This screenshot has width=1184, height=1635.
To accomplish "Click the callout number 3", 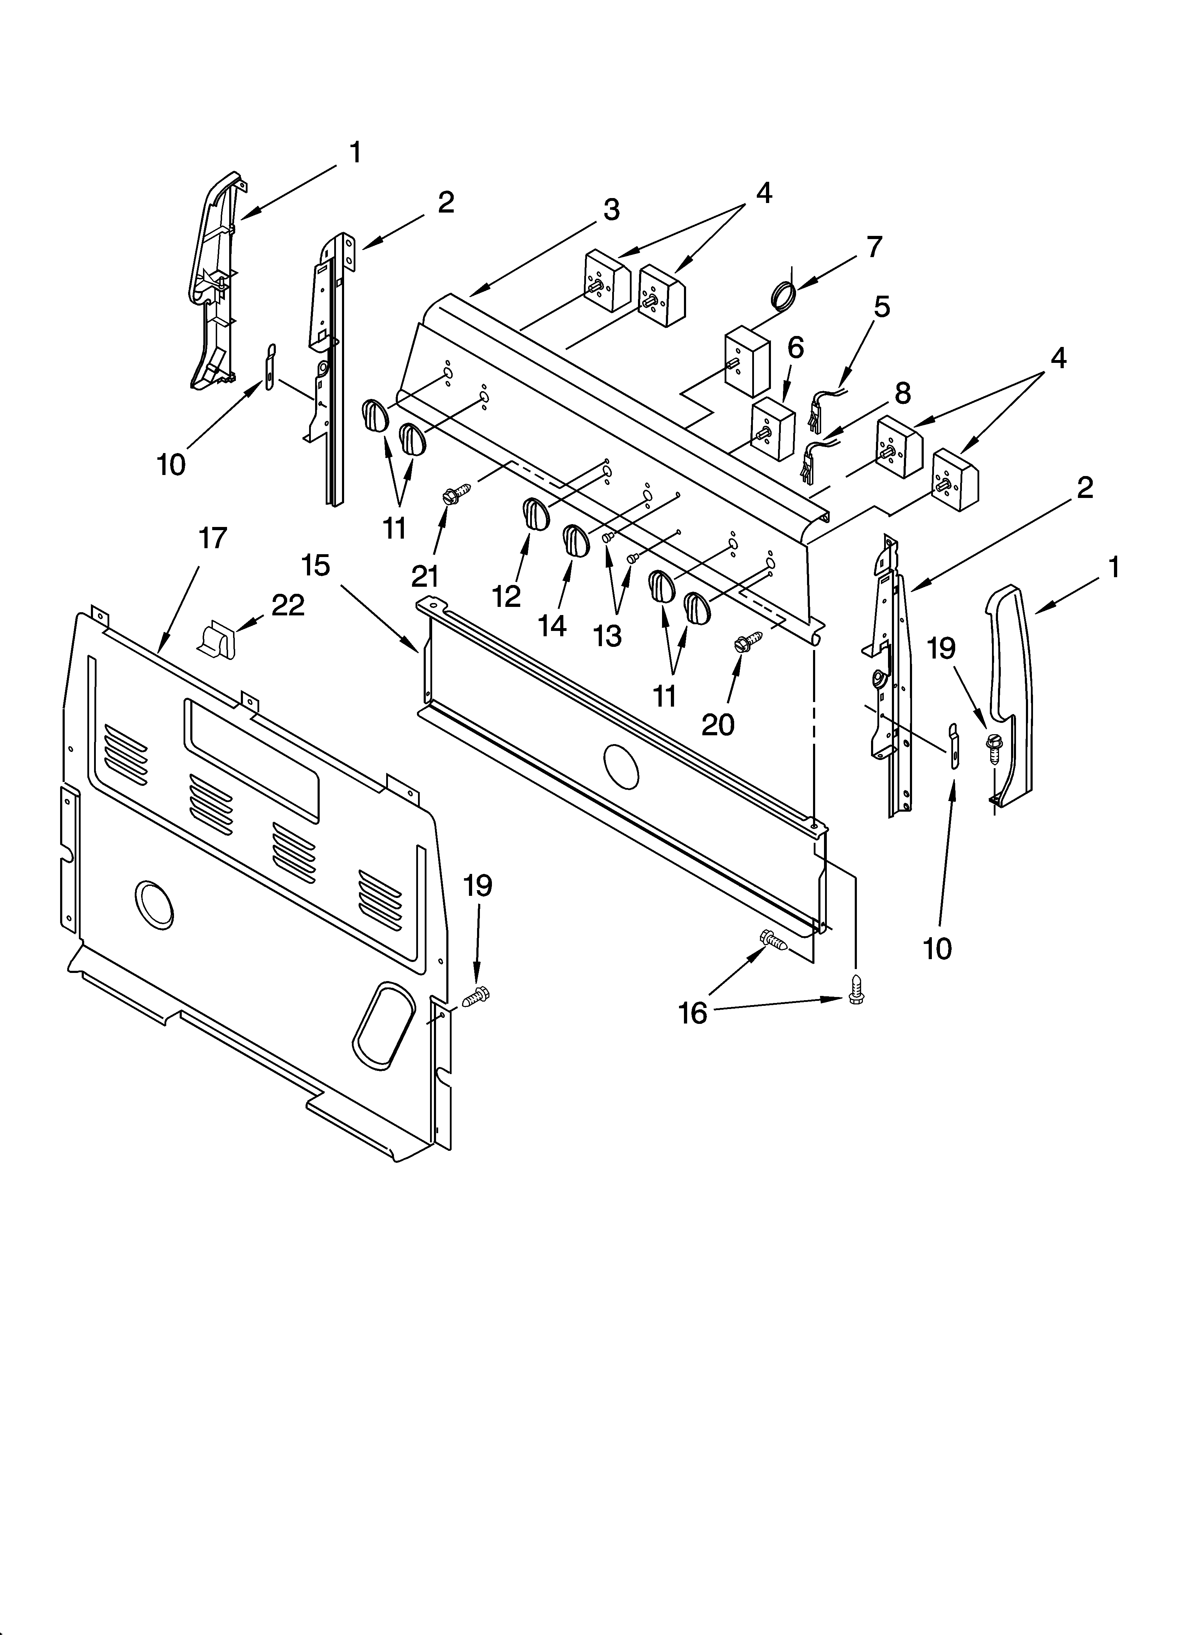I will pos(611,210).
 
